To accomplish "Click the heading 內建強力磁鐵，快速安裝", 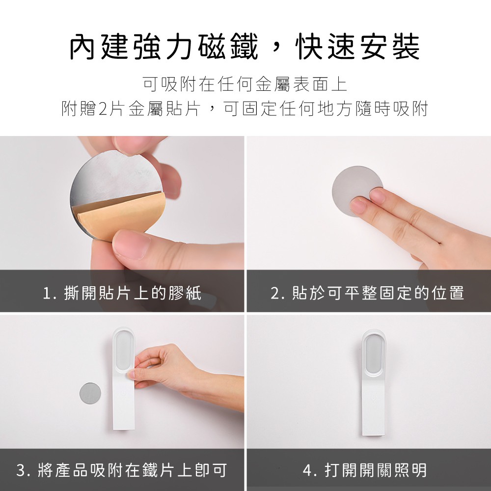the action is click(245, 47).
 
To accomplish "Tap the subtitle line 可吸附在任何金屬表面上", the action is click(245, 84).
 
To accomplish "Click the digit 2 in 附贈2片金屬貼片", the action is click(103, 109).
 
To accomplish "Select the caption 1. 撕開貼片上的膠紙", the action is click(122, 293).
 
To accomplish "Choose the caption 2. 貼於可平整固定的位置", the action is click(367, 293).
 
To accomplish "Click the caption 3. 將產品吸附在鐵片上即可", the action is click(121, 470).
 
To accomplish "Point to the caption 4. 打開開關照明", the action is click(365, 470).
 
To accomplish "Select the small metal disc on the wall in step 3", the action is click(90, 393).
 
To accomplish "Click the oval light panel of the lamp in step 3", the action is click(123, 350).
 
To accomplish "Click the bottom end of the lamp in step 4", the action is click(374, 435).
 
